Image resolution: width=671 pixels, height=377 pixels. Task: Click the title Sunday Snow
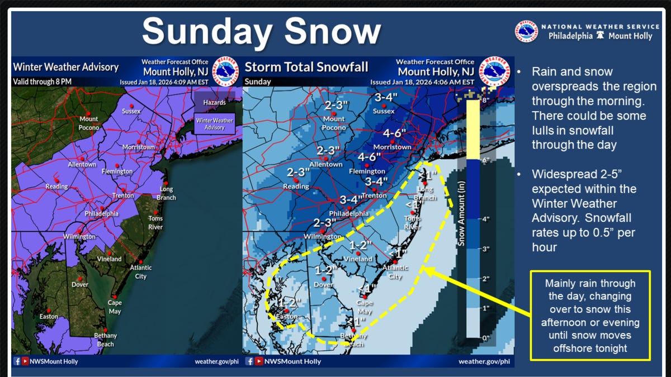click(x=262, y=32)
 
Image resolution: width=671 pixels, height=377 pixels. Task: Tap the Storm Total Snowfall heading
click(x=306, y=68)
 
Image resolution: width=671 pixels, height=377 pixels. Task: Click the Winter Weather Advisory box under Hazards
click(x=214, y=124)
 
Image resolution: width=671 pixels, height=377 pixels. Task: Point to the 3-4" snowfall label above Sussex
click(x=385, y=98)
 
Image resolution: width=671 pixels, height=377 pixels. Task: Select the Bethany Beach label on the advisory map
click(x=105, y=340)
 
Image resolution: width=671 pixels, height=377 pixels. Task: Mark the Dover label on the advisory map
click(x=80, y=284)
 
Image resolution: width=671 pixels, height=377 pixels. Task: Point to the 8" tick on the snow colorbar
click(x=485, y=100)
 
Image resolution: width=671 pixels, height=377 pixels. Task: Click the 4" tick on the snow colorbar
click(x=485, y=219)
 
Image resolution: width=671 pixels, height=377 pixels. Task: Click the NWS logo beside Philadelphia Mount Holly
click(x=527, y=31)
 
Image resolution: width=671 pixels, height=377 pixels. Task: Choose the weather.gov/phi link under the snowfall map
click(x=484, y=361)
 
